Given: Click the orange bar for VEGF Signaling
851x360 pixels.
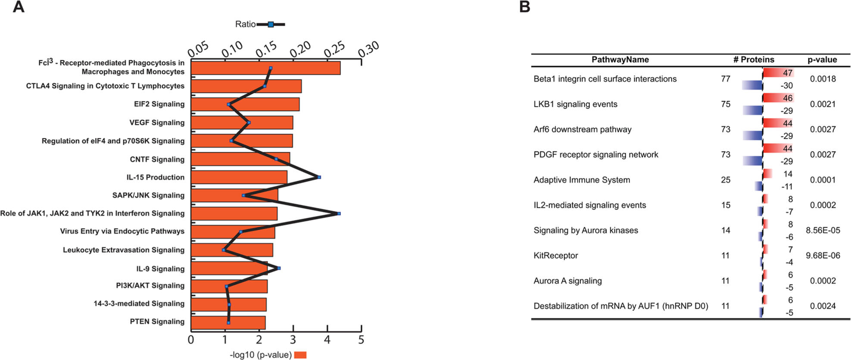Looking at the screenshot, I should pos(242,122).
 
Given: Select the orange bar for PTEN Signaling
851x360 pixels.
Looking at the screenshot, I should pos(228,322).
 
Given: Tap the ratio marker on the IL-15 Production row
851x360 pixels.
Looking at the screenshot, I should pos(319,177).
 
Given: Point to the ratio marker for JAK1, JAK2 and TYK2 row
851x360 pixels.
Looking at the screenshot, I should pos(339,213).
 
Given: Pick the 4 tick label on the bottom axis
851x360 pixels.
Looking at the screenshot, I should pos(327,340).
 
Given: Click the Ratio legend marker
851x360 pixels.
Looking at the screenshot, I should pos(271,25).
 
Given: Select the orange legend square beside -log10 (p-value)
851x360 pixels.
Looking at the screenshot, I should pos(300,355).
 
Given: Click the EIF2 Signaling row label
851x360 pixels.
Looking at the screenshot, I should pos(159,104).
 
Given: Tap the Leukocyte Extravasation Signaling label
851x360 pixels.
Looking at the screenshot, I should pos(123,250).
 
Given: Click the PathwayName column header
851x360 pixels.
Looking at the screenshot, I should pos(620,59).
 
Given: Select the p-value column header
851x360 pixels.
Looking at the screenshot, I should pos(822,59).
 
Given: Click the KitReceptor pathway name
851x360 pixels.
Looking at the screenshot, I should pos(555,255).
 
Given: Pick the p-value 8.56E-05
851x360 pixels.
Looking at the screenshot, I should pos(823,230).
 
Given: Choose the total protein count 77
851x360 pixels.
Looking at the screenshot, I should pos(726,79).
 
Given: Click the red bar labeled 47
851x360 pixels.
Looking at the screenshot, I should pos(778,73).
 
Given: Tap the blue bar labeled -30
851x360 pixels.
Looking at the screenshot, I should pos(752,85).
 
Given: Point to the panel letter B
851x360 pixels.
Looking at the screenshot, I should pos(524,7).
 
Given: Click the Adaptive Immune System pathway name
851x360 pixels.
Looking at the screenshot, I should pos(581,180).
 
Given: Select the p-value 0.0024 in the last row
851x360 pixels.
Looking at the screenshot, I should pos(823,306).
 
